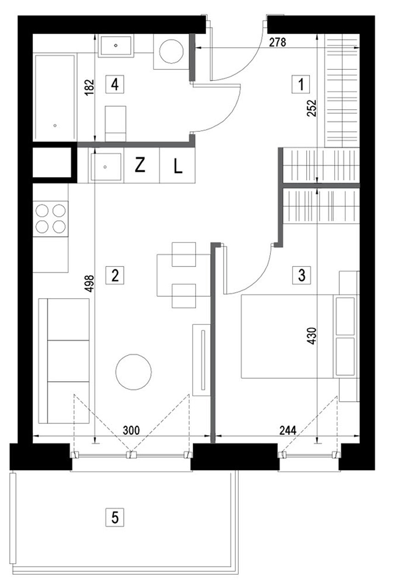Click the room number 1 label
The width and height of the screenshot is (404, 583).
(x=301, y=85)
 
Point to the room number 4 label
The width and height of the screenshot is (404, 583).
(x=115, y=85)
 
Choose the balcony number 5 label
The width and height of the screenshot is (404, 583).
(x=115, y=517)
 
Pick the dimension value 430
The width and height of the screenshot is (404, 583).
(x=313, y=338)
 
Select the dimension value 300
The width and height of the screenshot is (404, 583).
(x=131, y=430)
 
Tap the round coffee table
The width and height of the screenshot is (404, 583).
(x=134, y=372)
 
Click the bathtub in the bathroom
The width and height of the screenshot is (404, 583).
(x=55, y=97)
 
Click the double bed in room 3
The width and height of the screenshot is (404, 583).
(x=287, y=336)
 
